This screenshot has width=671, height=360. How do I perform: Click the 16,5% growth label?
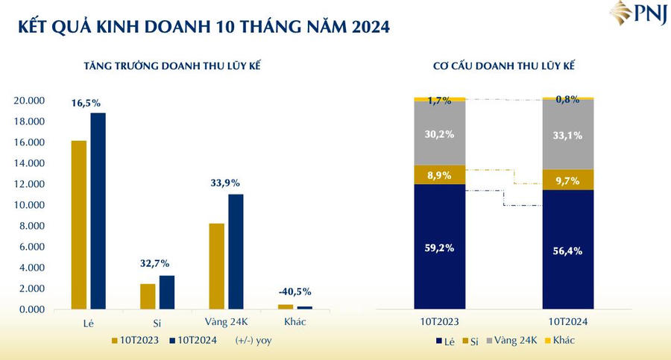87,103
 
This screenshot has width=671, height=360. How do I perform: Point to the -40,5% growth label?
294,292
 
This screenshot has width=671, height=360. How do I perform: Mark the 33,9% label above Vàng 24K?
225,183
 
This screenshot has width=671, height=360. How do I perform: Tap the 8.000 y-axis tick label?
32,226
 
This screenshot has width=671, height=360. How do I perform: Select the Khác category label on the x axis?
294,321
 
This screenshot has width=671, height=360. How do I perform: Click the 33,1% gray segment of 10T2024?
568,136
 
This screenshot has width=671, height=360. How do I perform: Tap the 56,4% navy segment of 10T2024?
568,251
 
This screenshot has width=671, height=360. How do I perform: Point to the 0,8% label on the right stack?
568,99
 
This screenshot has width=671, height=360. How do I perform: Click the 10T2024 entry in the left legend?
196,341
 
